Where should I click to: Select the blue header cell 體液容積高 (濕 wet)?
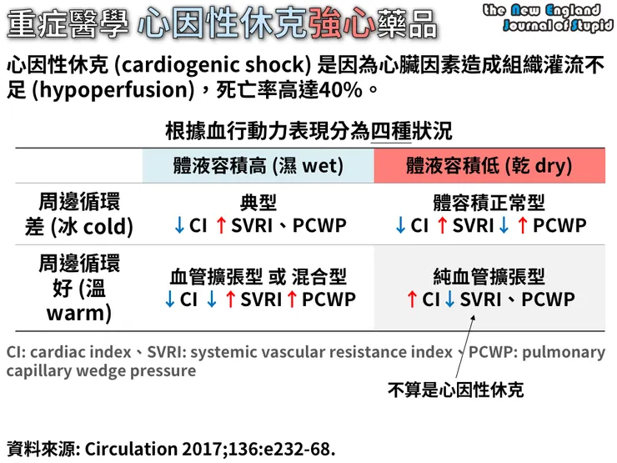[258, 165]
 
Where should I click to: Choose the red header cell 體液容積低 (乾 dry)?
[489, 165]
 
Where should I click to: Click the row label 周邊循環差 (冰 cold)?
[79, 214]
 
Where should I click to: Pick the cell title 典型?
[258, 203]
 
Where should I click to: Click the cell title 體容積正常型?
[489, 203]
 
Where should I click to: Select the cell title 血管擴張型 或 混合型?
[258, 276]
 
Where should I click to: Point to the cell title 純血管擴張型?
[489, 276]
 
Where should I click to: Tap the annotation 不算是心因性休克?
[455, 389]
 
